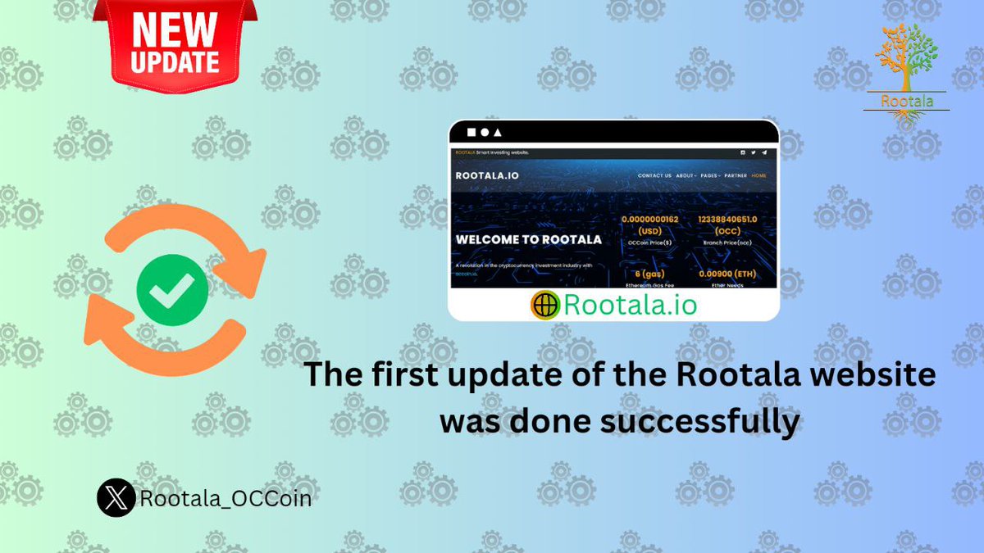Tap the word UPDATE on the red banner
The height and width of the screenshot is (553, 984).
click(174, 62)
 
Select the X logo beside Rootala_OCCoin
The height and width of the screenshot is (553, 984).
click(116, 497)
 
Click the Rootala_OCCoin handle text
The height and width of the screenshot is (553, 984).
click(225, 497)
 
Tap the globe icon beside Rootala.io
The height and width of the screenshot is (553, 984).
click(544, 305)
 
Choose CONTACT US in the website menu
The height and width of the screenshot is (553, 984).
click(654, 175)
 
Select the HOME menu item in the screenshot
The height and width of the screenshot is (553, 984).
click(758, 175)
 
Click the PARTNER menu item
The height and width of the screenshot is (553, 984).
click(735, 175)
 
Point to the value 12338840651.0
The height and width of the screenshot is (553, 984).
click(731, 220)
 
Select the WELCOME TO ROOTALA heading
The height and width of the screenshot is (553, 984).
click(528, 240)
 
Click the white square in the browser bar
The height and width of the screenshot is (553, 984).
click(471, 132)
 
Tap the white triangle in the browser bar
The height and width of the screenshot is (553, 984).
click(498, 132)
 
